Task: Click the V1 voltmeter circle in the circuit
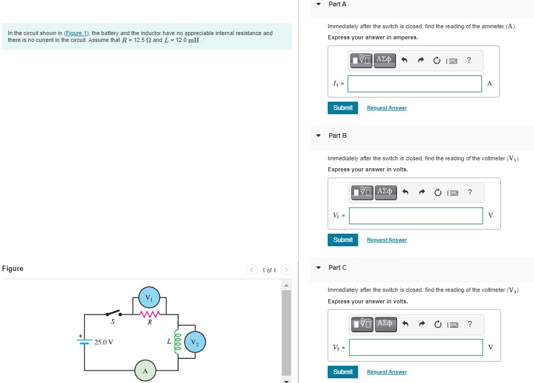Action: click(149, 298)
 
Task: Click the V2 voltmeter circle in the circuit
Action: click(195, 342)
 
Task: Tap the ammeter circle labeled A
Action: click(145, 370)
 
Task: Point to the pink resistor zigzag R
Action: click(150, 314)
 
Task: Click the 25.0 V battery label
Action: click(104, 342)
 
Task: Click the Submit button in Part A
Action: click(343, 108)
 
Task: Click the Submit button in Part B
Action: click(343, 240)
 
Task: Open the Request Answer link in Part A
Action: click(386, 108)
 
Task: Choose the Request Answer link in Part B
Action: click(386, 240)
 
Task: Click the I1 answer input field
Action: click(414, 84)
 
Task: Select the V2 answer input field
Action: click(415, 347)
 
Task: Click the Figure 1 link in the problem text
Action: click(77, 33)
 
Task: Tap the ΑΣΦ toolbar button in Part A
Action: click(384, 60)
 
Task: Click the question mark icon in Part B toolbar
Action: click(469, 192)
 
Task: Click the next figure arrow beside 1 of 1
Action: click(286, 270)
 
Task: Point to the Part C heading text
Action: click(337, 268)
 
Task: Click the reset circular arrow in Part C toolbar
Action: click(437, 324)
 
